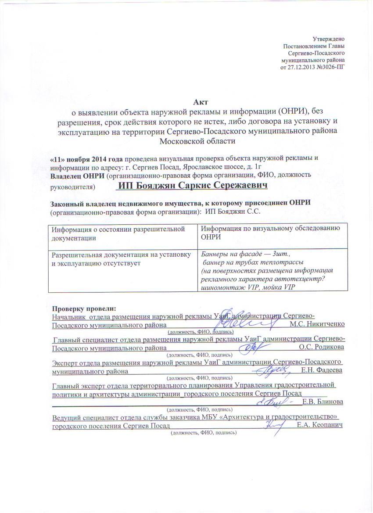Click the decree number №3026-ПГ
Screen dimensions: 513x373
[329, 67]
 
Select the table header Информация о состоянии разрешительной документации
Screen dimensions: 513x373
[118, 233]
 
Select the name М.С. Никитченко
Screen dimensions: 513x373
[317, 324]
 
